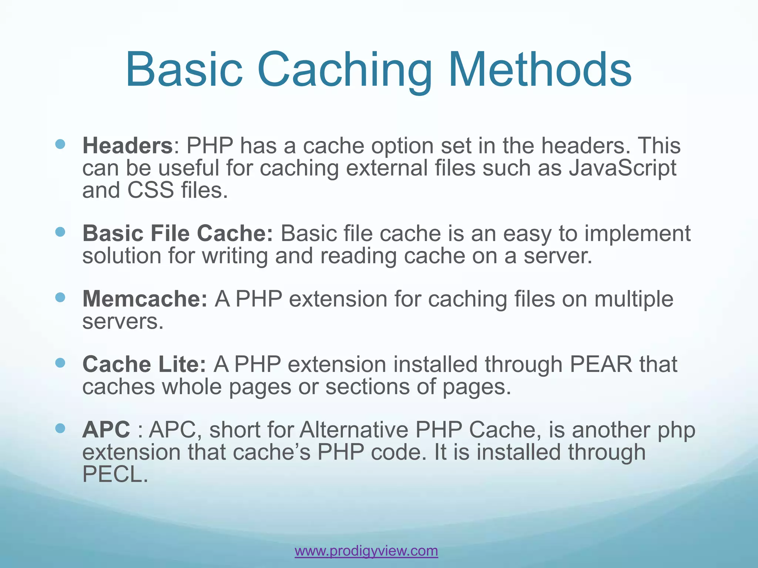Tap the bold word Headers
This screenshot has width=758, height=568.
(x=127, y=145)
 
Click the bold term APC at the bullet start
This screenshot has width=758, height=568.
(x=106, y=430)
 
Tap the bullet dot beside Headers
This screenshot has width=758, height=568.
(x=60, y=144)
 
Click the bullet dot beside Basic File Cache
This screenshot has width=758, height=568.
(x=60, y=232)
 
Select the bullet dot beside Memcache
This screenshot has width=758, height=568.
(x=60, y=297)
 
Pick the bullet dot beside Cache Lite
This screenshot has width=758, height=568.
(x=60, y=363)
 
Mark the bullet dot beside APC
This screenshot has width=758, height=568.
(x=60, y=428)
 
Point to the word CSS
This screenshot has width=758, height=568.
(x=150, y=190)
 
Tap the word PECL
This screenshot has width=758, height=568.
(x=115, y=474)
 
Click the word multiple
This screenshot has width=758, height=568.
(x=634, y=299)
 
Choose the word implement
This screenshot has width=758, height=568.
(x=637, y=234)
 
